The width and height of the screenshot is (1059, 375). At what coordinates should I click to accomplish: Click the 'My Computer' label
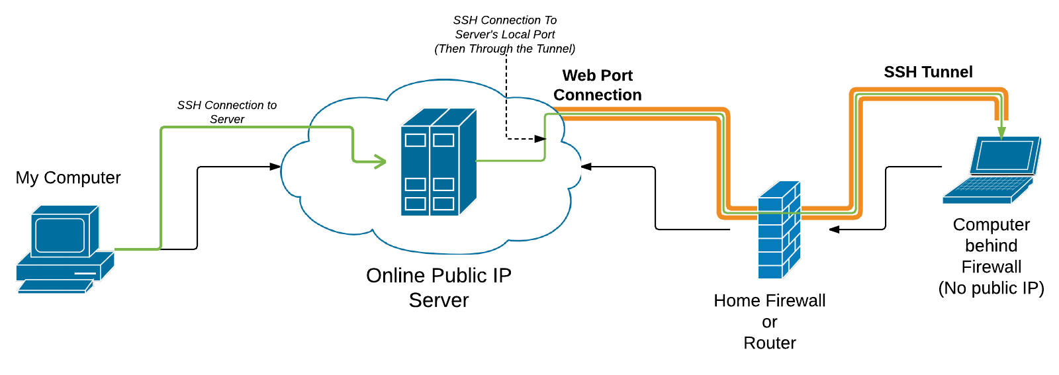click(x=68, y=178)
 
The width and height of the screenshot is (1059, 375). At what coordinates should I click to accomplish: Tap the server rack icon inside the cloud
click(x=438, y=163)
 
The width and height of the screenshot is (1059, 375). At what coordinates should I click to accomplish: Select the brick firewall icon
click(x=778, y=229)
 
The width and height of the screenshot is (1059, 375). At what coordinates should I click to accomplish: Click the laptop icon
click(x=991, y=170)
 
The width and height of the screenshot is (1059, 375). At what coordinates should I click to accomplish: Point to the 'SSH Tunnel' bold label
click(x=928, y=72)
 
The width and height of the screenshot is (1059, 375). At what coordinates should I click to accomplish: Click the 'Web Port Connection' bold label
click(x=597, y=85)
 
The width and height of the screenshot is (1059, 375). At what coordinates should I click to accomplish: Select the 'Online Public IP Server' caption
click(x=438, y=288)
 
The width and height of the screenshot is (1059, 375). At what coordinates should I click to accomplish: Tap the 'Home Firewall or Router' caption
click(x=769, y=321)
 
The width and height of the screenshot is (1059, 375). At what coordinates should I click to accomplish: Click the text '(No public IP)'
click(x=991, y=288)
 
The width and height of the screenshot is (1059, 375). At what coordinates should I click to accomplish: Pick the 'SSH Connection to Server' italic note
click(x=226, y=112)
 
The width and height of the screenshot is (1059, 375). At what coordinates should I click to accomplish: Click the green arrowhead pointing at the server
click(x=380, y=161)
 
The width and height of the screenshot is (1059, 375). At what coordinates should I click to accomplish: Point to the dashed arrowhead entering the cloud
click(x=541, y=139)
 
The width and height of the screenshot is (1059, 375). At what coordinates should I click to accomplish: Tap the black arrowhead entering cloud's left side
click(x=275, y=167)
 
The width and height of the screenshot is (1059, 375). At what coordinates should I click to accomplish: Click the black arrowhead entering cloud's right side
click(x=586, y=167)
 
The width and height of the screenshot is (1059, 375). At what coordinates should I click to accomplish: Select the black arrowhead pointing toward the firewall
click(x=835, y=229)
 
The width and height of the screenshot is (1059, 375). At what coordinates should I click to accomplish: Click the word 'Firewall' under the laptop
click(x=991, y=267)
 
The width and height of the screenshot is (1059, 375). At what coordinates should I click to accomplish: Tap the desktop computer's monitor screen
click(x=60, y=235)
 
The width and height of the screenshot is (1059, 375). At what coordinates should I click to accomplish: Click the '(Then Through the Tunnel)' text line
click(x=504, y=49)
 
